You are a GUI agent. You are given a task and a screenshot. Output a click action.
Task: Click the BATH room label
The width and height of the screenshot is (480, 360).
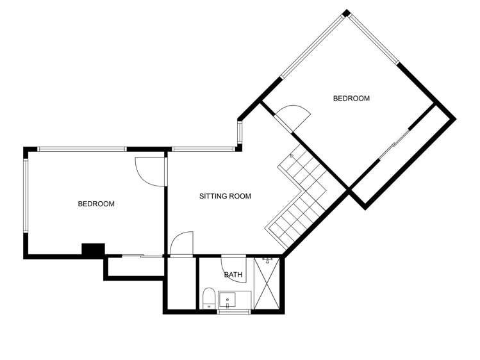tap(233, 275)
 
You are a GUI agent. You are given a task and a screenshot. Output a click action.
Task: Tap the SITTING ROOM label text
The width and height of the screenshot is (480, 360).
tap(225, 197)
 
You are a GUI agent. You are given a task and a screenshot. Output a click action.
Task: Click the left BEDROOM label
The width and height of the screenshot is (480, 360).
tap(96, 204)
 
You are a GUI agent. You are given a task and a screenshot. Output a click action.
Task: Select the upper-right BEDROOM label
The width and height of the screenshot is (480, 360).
tap(351, 99)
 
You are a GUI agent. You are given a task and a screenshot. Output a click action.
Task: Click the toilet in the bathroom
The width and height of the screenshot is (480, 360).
tap(208, 299)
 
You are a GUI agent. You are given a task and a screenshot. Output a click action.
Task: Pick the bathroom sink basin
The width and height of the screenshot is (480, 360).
tap(228, 299)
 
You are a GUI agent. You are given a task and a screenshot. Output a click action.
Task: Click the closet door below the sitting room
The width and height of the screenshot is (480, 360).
tap(182, 244)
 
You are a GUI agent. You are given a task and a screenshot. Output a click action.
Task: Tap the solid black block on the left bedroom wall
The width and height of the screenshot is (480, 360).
tap(94, 250)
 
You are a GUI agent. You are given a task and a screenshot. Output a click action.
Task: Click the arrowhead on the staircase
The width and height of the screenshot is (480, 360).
tap(292, 155)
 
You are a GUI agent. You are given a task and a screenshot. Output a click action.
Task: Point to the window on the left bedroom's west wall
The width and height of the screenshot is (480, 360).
tap(26, 195)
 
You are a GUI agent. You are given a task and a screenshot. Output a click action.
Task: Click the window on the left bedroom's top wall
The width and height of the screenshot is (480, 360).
tap(81, 149)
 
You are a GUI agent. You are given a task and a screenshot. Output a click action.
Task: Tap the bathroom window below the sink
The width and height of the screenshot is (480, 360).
tap(233, 312)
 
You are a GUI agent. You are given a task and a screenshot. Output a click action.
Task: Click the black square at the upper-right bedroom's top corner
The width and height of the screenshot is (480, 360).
tap(346, 13)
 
